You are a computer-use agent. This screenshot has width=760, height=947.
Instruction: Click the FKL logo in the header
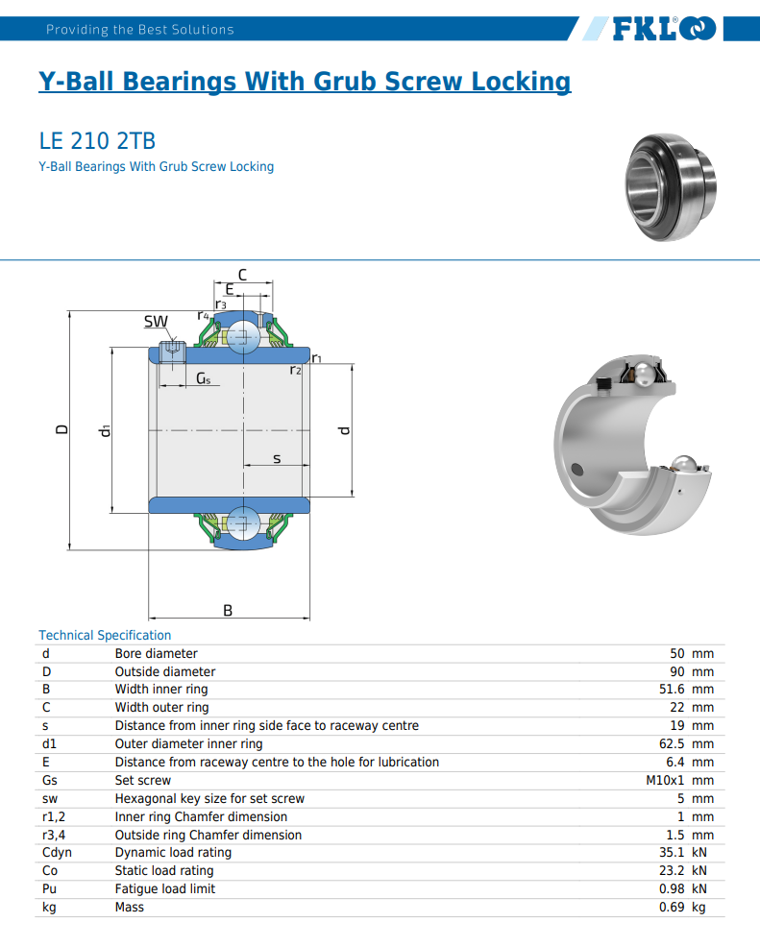(664, 29)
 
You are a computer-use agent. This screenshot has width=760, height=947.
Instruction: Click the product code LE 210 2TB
(97, 141)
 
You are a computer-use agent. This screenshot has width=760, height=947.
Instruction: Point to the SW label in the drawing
(156, 321)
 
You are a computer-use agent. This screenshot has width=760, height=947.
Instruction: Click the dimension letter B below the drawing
(228, 610)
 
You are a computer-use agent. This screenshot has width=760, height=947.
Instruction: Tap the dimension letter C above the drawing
(242, 275)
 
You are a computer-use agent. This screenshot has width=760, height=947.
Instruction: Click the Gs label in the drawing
(203, 379)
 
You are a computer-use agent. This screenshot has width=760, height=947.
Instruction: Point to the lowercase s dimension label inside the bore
(277, 458)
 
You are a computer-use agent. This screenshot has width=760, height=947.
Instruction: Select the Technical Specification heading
(105, 635)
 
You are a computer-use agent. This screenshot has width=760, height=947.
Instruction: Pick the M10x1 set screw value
(664, 780)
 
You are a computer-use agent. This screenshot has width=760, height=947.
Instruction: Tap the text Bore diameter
(156, 653)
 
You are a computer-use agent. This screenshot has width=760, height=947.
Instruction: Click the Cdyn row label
(57, 852)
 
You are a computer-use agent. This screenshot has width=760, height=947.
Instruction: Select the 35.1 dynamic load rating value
(671, 852)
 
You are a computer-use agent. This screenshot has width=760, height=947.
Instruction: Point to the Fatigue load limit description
(165, 888)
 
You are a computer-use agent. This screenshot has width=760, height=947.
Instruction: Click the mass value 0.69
(671, 907)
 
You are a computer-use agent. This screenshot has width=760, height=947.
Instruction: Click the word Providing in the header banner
(77, 30)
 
